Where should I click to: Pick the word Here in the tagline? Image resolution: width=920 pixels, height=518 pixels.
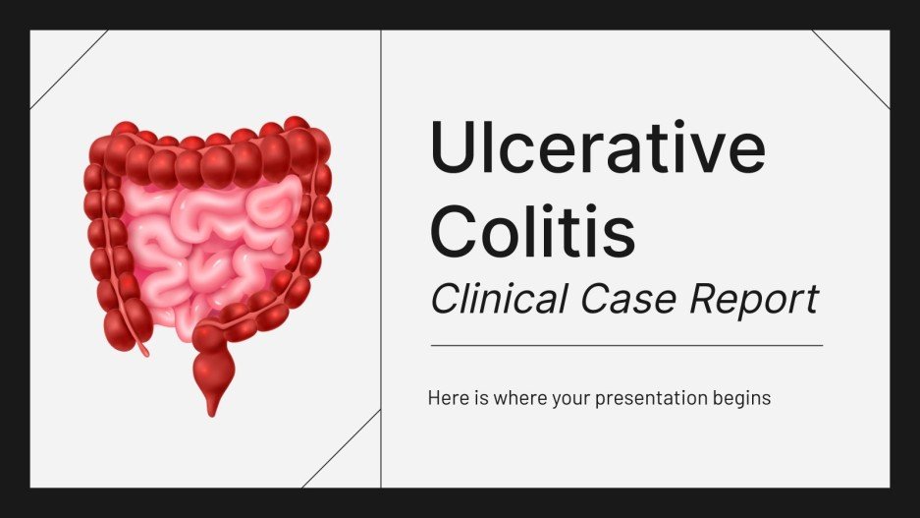446,399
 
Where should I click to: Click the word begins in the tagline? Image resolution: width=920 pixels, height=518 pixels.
745,400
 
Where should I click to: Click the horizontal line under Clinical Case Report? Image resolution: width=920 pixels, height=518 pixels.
626,345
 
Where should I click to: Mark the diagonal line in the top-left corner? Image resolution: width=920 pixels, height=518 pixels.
69,69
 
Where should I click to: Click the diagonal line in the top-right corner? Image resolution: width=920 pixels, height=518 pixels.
850,69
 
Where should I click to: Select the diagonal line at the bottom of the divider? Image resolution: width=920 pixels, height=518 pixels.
342,448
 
